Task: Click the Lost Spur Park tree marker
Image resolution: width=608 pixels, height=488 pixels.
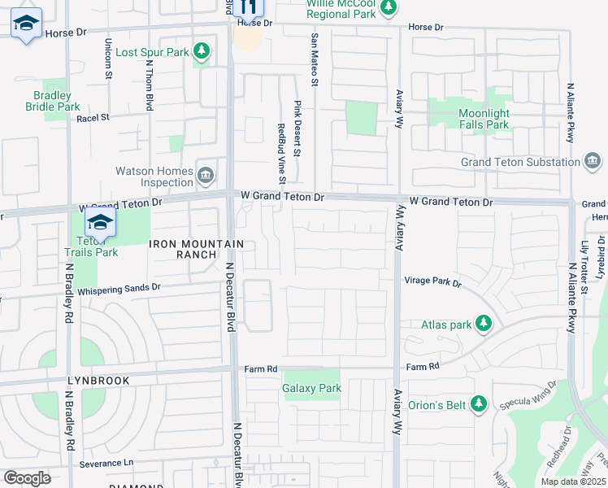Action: (x=202, y=53)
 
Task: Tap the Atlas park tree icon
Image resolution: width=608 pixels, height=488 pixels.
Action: (x=484, y=325)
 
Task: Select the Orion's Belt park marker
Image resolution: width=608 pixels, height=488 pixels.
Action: (x=479, y=403)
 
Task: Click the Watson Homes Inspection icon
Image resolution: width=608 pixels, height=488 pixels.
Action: (x=206, y=175)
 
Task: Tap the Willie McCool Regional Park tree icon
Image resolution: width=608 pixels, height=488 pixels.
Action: (x=389, y=7)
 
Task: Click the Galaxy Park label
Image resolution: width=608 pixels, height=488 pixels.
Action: (x=312, y=389)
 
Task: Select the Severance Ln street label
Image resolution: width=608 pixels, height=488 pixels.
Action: (x=106, y=463)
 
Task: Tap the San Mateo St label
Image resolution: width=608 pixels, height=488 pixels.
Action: (x=313, y=58)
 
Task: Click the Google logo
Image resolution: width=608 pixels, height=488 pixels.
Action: (x=27, y=478)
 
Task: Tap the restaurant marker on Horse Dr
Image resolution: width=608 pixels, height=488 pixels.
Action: (x=249, y=7)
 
